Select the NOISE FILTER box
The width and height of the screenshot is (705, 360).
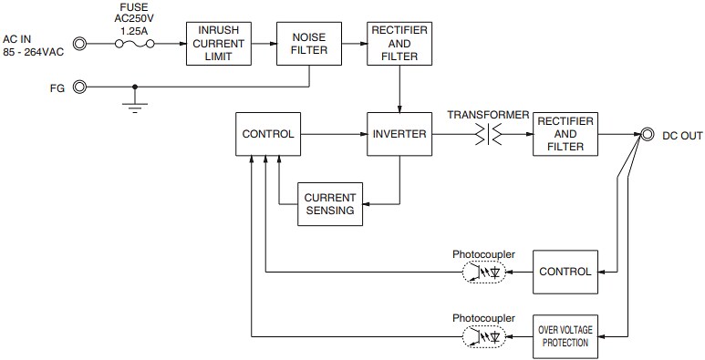pos(308,43)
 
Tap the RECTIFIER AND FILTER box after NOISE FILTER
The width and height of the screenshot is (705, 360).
pos(399,43)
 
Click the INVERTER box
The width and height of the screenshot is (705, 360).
pos(399,134)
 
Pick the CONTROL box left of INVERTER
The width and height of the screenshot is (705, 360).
pos(267,134)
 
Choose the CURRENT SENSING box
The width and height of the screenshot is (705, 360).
pos(330,203)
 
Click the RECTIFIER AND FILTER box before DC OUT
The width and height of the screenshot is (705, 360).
pos(565,134)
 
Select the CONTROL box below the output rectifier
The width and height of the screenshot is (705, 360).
pos(565,271)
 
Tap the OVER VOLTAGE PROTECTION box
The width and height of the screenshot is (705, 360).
pos(565,336)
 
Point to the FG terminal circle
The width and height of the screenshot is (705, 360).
pos(79,87)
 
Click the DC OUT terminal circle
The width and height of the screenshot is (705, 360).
pos(648,134)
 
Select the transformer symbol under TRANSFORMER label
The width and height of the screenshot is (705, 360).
pos(488,134)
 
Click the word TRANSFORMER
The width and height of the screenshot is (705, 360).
pos(488,114)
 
